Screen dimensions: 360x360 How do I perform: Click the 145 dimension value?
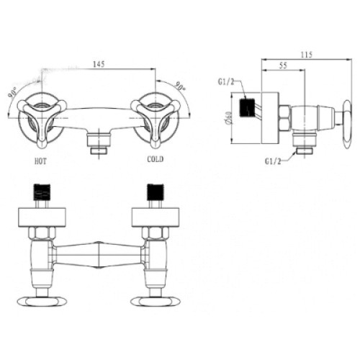pyautogui.click(x=99, y=64)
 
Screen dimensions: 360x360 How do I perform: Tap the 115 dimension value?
pyautogui.click(x=307, y=55)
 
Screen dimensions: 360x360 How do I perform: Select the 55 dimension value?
pyautogui.click(x=283, y=66)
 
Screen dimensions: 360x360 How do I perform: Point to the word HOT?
pyautogui.click(x=40, y=161)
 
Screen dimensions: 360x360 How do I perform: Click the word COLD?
pyautogui.click(x=156, y=159)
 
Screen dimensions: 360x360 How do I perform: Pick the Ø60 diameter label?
pyautogui.click(x=228, y=118)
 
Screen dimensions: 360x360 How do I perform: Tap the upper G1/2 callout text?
pyautogui.click(x=226, y=82)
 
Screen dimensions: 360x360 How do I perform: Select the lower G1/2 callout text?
pyautogui.click(x=273, y=161)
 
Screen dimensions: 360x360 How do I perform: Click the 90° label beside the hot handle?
pyautogui.click(x=12, y=92)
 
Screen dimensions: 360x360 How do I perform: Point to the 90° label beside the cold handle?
pyautogui.click(x=180, y=86)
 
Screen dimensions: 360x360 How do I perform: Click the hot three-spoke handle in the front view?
pyautogui.click(x=42, y=120)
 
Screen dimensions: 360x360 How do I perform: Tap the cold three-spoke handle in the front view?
pyautogui.click(x=156, y=120)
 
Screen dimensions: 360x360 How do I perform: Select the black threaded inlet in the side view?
pyautogui.click(x=247, y=107)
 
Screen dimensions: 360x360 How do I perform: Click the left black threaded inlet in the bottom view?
pyautogui.click(x=42, y=192)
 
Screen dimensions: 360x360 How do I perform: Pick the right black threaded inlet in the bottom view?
pyautogui.click(x=156, y=192)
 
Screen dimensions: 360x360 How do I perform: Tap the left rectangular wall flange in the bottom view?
pyautogui.click(x=42, y=217)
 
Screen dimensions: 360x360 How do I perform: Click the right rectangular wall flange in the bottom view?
pyautogui.click(x=156, y=217)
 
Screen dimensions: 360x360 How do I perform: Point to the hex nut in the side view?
pyautogui.click(x=285, y=118)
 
